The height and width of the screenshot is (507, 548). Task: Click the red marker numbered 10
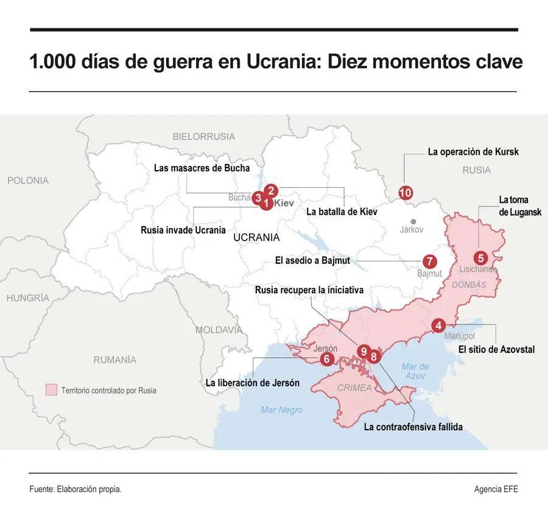point(406,193)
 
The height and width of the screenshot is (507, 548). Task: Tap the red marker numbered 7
point(430,261)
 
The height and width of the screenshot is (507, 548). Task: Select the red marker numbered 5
point(480,258)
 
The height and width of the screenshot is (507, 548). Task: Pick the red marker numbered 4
point(438,325)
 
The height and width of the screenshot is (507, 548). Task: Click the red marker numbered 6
point(326,359)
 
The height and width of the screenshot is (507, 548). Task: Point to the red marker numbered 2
point(272,190)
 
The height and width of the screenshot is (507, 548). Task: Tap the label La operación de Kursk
point(473,152)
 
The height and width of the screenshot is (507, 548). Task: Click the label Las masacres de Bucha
point(202,168)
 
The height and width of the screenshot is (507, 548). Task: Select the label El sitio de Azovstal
point(496,349)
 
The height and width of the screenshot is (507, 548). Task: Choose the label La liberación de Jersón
point(252,383)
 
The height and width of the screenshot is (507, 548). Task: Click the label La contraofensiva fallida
point(413,427)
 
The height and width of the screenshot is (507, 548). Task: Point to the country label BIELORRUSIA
point(203,136)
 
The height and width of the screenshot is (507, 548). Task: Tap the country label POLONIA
point(28,180)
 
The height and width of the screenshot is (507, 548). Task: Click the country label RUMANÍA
point(114,360)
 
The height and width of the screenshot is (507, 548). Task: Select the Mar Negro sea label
point(281,410)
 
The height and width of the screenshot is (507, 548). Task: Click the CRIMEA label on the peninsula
point(354,388)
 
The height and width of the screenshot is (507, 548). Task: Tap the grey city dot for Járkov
point(413,222)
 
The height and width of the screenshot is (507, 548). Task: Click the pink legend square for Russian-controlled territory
point(51,390)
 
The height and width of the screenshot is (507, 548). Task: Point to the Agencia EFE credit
point(496,489)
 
